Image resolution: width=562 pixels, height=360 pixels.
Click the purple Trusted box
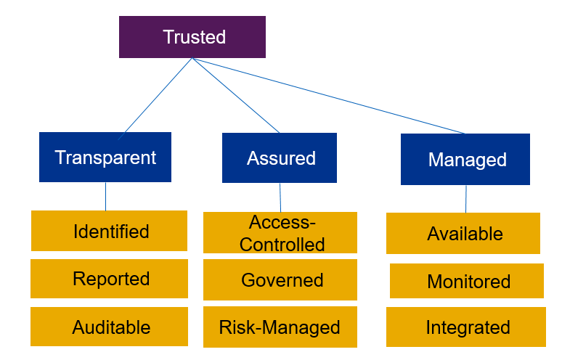[192, 37]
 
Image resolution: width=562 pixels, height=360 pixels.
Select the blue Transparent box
[105, 157]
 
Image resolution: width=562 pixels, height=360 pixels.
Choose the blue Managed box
[466, 160]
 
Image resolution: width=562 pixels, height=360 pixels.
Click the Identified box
[109, 232]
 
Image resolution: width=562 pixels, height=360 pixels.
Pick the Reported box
[109, 279]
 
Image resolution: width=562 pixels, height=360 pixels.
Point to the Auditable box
[109, 327]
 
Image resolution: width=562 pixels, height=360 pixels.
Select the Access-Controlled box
[280, 233]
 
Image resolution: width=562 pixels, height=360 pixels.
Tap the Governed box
[280, 280]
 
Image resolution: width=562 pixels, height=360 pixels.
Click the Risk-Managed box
[280, 327]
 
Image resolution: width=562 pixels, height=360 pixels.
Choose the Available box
[463, 234]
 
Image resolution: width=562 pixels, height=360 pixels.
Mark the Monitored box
[467, 282]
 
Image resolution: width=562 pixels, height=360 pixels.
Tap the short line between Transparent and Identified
[106, 196]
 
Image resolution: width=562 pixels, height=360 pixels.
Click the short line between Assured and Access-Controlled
[280, 197]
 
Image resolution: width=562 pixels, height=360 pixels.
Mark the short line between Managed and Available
[466, 199]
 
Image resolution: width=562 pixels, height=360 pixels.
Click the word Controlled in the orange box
[282, 245]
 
